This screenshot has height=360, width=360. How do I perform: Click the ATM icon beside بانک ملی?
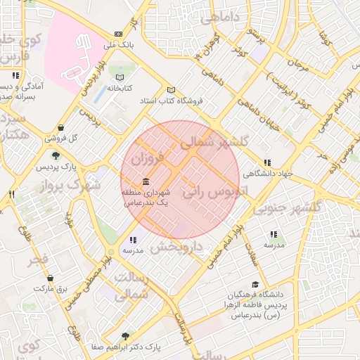pos(118,34)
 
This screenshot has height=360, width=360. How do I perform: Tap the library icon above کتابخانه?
pos(120,77)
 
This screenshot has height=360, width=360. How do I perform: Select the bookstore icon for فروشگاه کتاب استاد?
pos(171,90)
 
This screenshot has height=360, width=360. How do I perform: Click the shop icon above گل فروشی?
pos(63,128)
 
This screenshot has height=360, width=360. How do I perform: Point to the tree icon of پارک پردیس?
pos(56,155)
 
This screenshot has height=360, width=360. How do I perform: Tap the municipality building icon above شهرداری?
pos(146,180)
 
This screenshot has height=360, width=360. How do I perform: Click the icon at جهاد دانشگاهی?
pos(266,162)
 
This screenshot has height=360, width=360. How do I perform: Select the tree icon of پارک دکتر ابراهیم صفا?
pos(125,336)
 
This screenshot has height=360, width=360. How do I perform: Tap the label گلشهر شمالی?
pos(215,144)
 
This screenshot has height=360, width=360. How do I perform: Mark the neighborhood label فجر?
pos(38,260)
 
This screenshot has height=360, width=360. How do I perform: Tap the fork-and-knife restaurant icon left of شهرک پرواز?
pos(11,194)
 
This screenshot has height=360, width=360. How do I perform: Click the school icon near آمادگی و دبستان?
pos(15,75)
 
